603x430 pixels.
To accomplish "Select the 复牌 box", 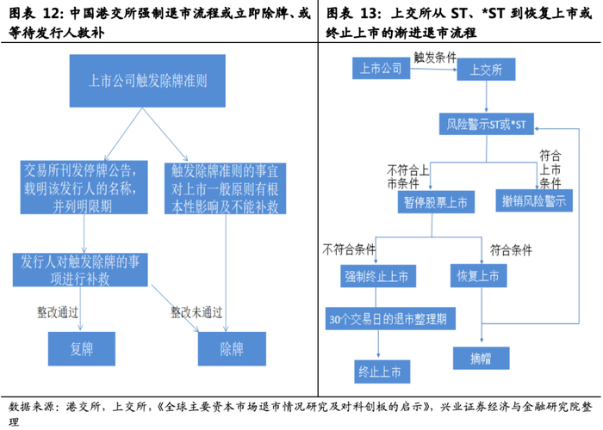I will (80, 351).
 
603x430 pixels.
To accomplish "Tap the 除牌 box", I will (232, 351).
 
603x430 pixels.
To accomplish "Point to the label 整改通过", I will (57, 311).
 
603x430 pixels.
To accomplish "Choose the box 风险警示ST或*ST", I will (486, 124).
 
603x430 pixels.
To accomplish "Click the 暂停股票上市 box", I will (436, 203).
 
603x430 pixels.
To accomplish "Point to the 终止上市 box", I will (380, 371).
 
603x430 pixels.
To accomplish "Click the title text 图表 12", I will (34, 15).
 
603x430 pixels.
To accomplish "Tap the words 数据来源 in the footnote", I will (31, 406).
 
